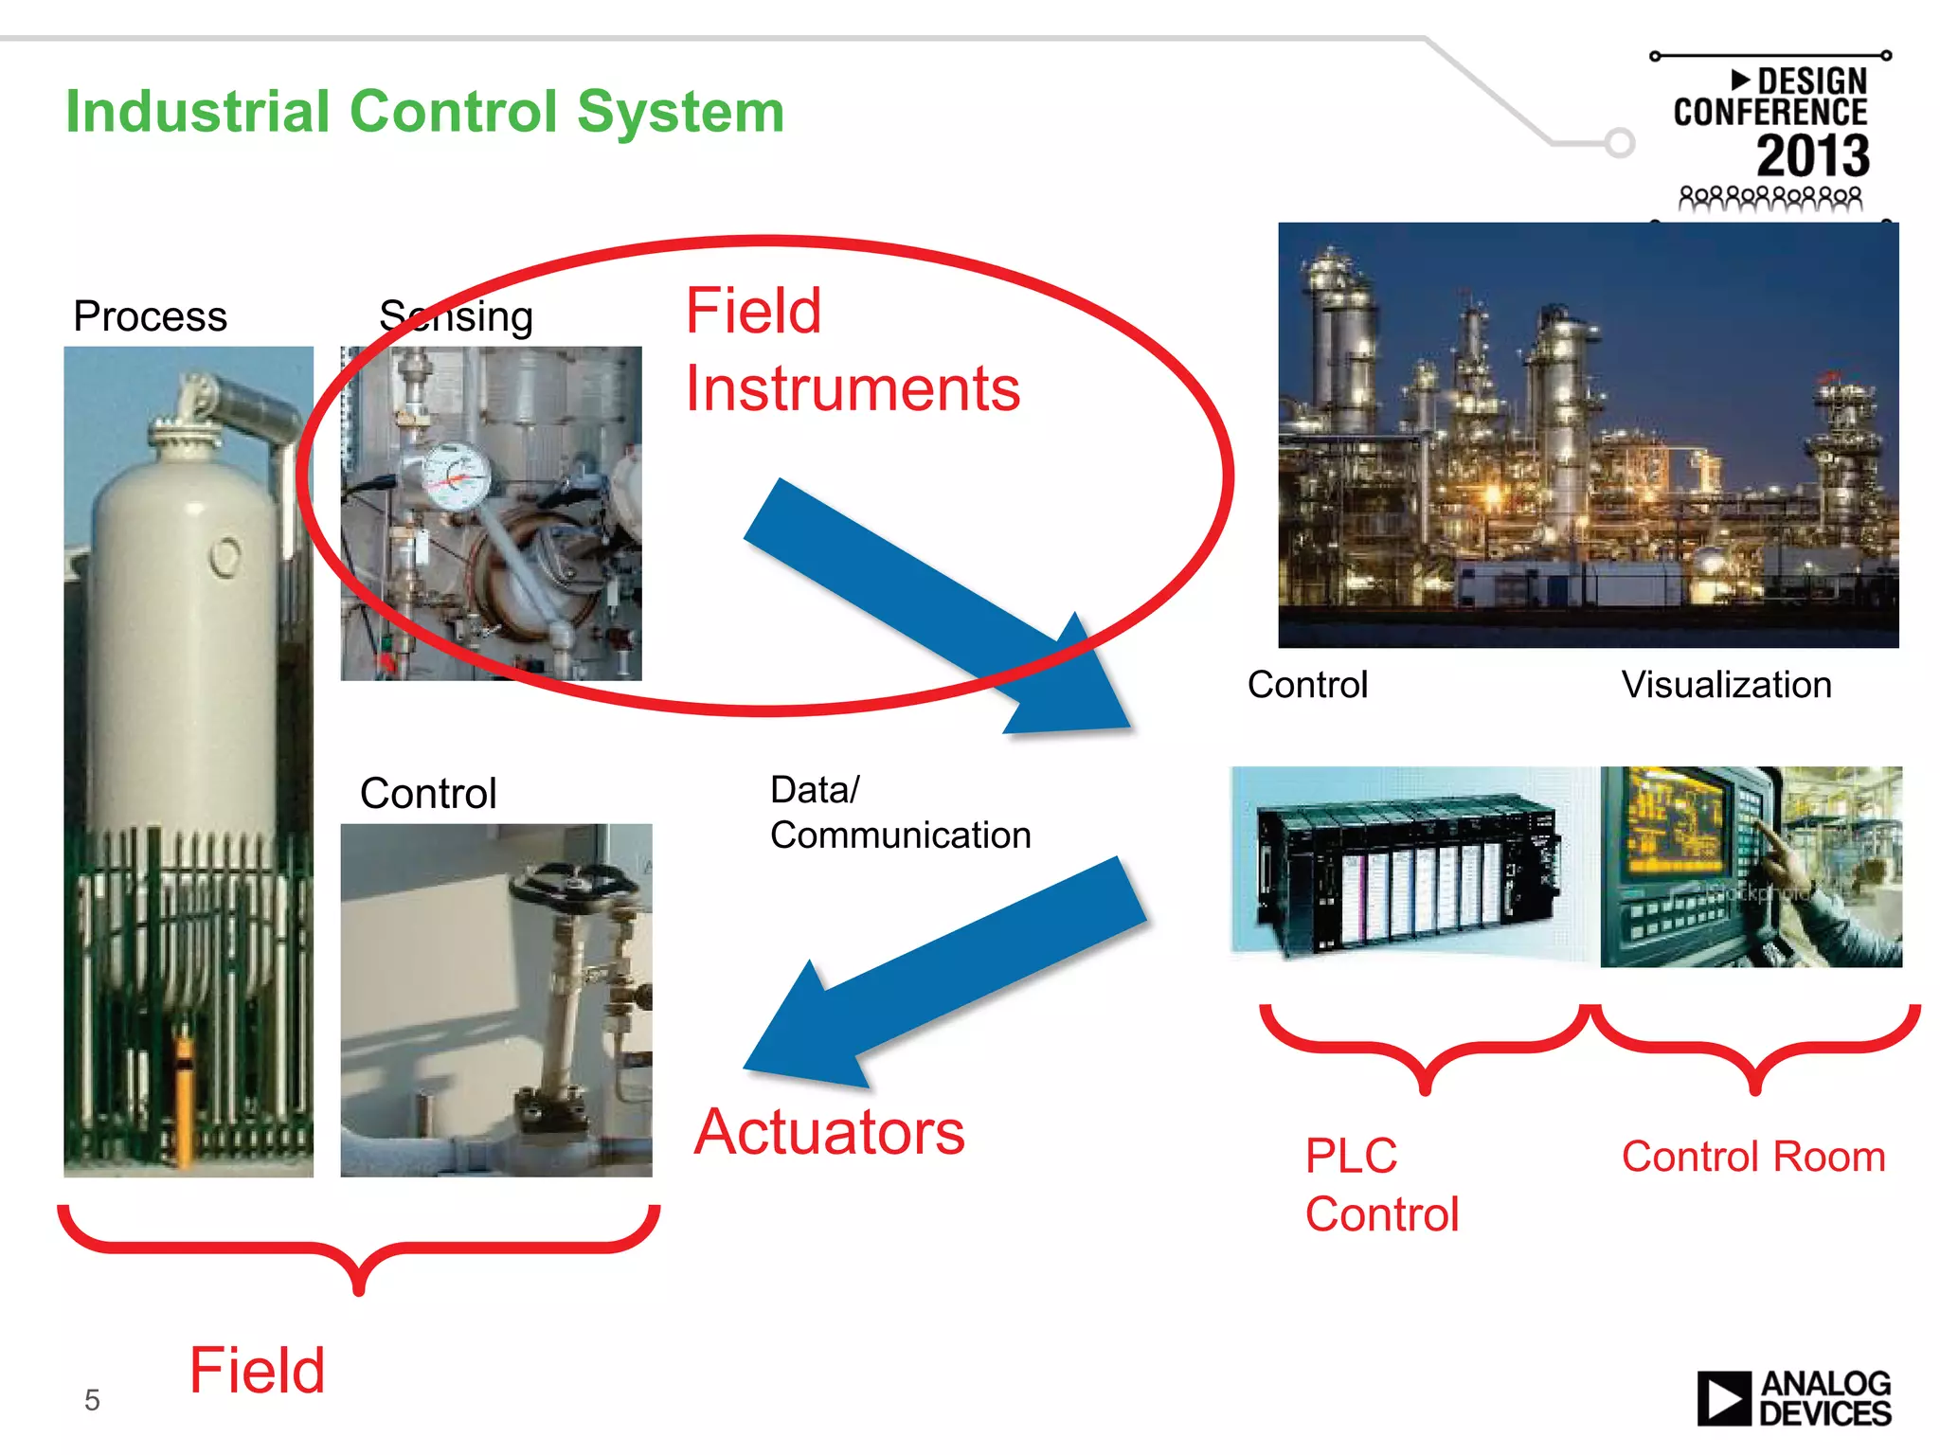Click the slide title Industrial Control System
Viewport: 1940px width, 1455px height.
point(424,112)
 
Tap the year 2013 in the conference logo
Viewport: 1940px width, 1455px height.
point(1812,156)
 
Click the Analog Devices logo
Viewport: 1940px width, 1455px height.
point(1793,1398)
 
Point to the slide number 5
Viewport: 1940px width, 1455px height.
point(92,1399)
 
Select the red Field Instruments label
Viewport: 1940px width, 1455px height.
point(852,350)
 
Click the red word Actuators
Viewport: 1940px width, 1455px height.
point(829,1132)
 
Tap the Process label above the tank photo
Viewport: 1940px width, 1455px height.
point(150,316)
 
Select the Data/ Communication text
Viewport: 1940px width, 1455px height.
point(899,813)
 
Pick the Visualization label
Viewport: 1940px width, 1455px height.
point(1726,685)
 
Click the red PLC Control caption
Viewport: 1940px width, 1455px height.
point(1381,1185)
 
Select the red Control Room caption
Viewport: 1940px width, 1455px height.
point(1752,1157)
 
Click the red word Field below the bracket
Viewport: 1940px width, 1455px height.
point(257,1371)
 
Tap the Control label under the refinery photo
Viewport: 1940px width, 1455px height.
point(1307,685)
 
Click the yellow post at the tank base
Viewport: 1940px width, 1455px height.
point(184,1099)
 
